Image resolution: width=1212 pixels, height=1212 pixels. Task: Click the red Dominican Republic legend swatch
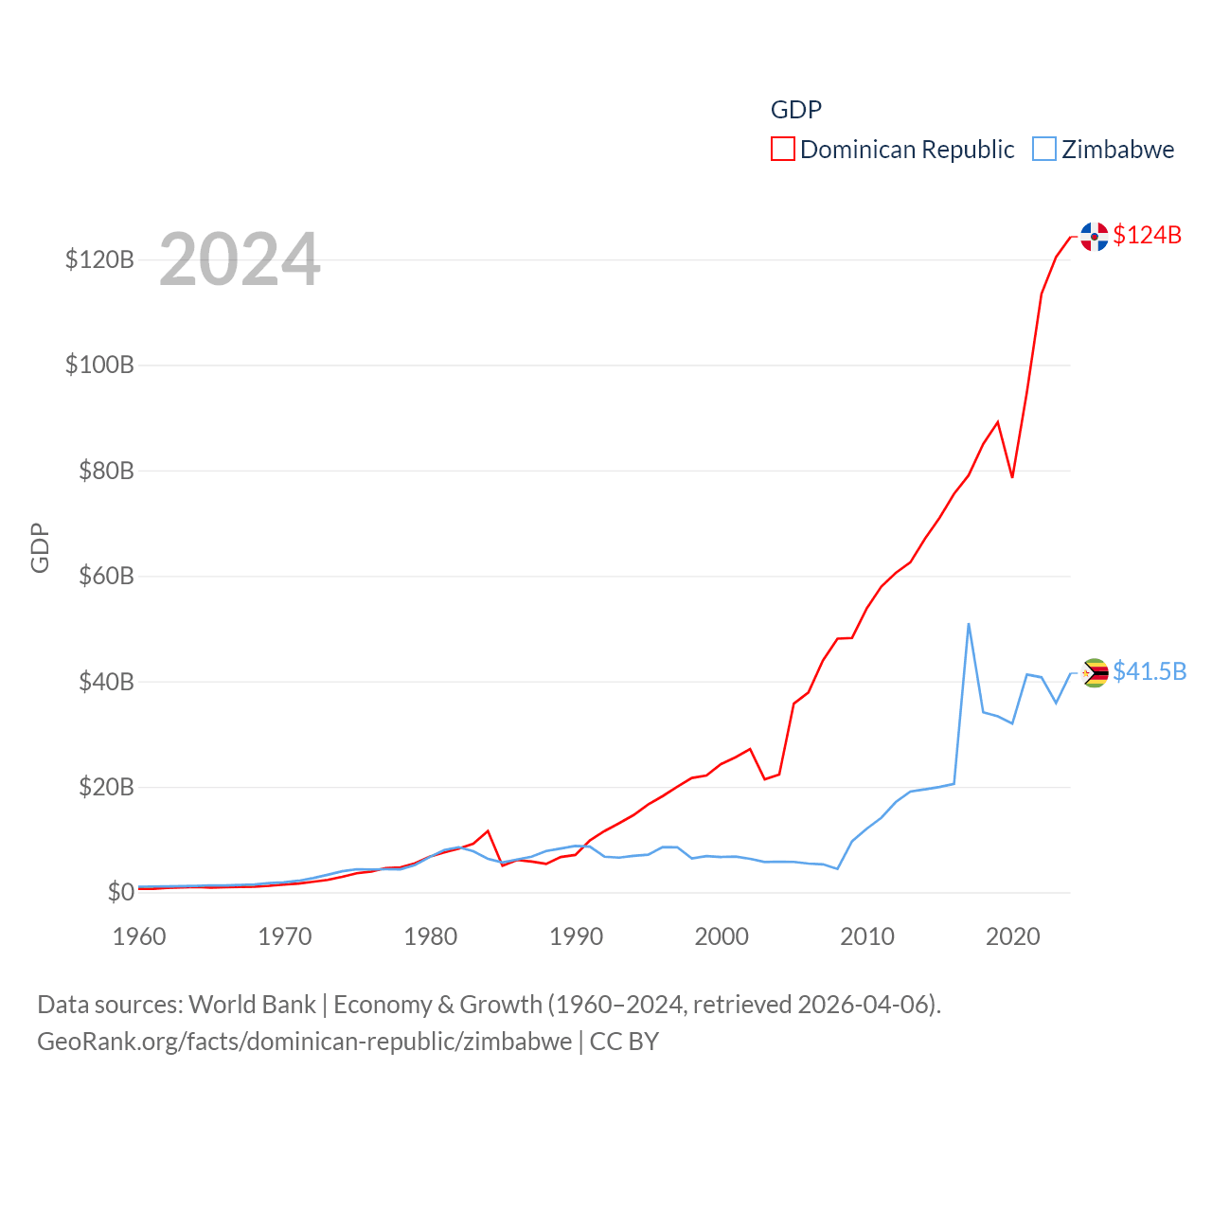tap(783, 149)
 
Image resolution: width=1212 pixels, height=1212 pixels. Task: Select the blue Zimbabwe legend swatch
tap(1044, 149)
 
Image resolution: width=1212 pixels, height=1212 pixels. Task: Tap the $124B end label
tap(1147, 235)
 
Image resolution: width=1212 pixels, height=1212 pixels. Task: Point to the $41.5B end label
tap(1150, 671)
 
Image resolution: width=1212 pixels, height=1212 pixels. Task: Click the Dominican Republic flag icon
tap(1095, 237)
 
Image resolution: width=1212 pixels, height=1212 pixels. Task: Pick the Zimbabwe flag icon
tap(1095, 672)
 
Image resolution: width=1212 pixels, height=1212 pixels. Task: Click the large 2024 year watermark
tap(240, 259)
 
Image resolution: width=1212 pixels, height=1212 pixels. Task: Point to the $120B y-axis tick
tap(99, 259)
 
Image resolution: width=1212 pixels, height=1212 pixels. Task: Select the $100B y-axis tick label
tap(99, 365)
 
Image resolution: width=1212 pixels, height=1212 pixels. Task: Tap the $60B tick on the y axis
tap(106, 576)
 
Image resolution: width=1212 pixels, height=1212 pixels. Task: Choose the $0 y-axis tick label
tap(120, 892)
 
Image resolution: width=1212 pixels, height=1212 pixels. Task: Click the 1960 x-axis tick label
tap(139, 936)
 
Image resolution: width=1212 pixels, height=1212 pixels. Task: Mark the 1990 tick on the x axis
tap(576, 936)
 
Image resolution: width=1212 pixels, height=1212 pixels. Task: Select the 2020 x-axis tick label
tap(1012, 936)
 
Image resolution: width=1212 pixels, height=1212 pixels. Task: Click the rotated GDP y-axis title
tap(40, 547)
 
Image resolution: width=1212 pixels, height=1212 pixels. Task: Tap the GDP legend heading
tap(795, 110)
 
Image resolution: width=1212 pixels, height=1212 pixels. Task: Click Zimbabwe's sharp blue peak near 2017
tap(969, 624)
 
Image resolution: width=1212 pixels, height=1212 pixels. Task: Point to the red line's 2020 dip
tap(1012, 476)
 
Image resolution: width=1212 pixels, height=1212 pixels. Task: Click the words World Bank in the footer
tap(253, 1004)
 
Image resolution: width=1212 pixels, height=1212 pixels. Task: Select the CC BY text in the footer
tap(624, 1042)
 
